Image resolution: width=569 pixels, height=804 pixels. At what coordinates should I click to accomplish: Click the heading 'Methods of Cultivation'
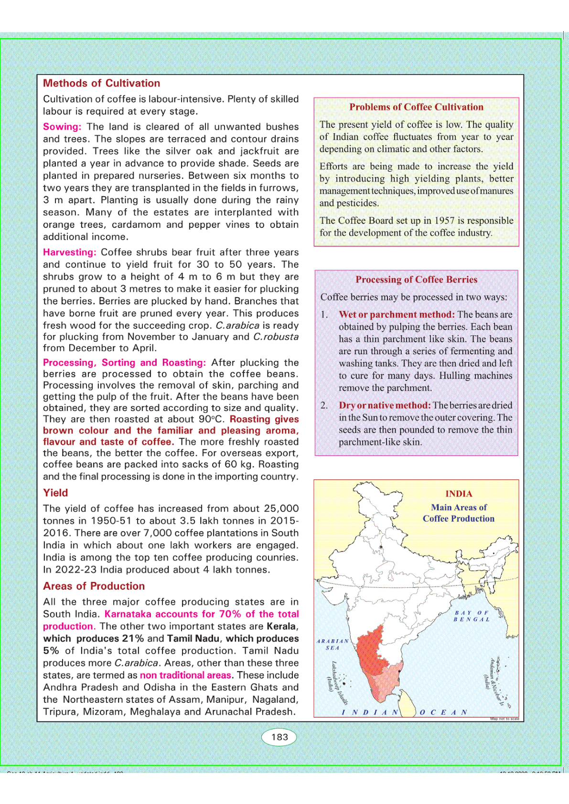pos(101,83)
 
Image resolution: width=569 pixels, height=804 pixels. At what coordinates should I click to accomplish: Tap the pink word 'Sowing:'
pos(62,127)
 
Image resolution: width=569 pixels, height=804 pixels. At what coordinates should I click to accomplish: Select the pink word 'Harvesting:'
pos(70,252)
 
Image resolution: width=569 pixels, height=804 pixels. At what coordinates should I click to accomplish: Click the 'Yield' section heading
pos(55,493)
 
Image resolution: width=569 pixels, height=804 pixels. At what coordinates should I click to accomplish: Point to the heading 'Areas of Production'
pos(94,586)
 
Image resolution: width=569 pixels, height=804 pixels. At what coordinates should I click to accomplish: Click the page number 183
pos(279,737)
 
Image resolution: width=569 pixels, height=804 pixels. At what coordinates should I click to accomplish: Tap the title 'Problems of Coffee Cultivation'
pos(416,107)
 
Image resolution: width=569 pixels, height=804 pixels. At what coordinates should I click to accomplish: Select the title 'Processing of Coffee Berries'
pos(416,279)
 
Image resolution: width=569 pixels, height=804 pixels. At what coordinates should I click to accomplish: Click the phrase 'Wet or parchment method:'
pos(397,314)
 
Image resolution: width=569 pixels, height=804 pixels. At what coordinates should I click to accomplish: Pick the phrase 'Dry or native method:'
pos(385,405)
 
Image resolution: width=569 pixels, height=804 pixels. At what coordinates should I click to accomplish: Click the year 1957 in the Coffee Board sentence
pos(444,221)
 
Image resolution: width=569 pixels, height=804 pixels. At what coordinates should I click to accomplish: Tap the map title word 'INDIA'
pos(459,494)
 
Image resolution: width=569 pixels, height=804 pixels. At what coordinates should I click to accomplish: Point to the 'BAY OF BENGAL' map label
pos(472,616)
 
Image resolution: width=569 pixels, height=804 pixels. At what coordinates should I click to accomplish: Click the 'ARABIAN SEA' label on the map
pos(333,645)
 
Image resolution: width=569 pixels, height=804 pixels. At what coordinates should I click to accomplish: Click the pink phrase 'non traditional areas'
pos(185,675)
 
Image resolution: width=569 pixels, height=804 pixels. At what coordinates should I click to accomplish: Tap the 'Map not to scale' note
pos(504,719)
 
